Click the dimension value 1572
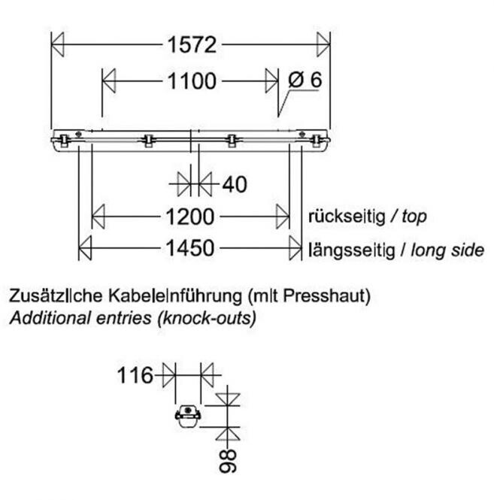[191, 45]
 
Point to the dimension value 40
[235, 183]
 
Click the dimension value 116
[135, 374]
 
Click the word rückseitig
[345, 217]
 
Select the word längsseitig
[350, 249]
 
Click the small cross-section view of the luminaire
[187, 415]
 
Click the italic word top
[414, 217]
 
